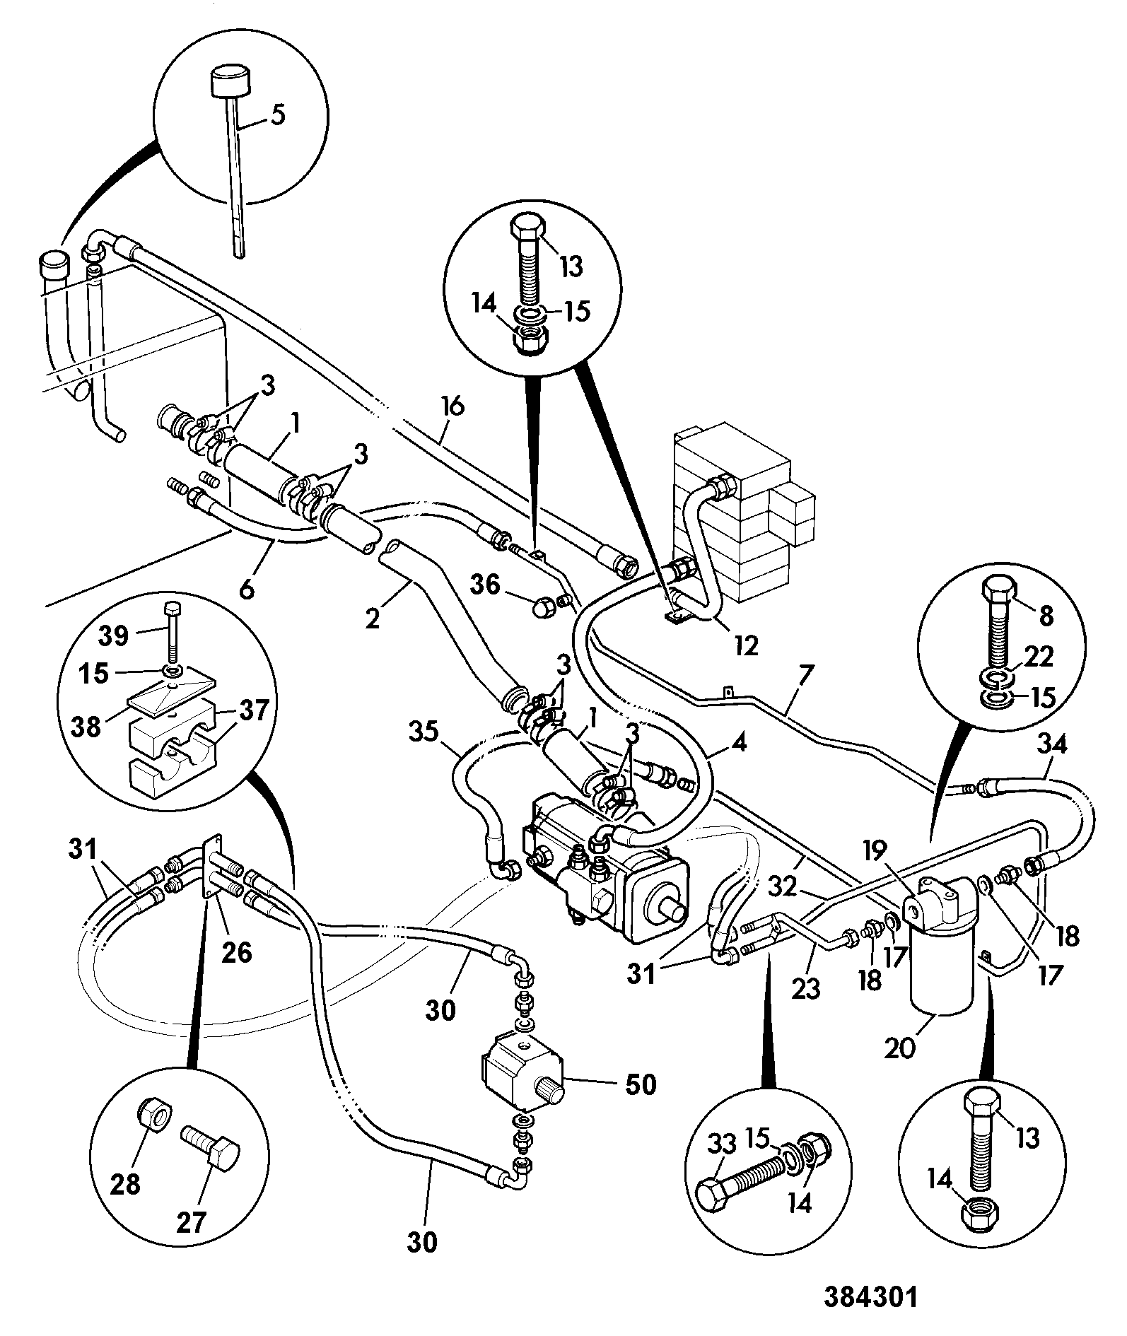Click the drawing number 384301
pyautogui.click(x=870, y=1298)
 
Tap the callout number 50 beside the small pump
pyautogui.click(x=640, y=1084)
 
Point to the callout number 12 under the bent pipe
pyautogui.click(x=747, y=645)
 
